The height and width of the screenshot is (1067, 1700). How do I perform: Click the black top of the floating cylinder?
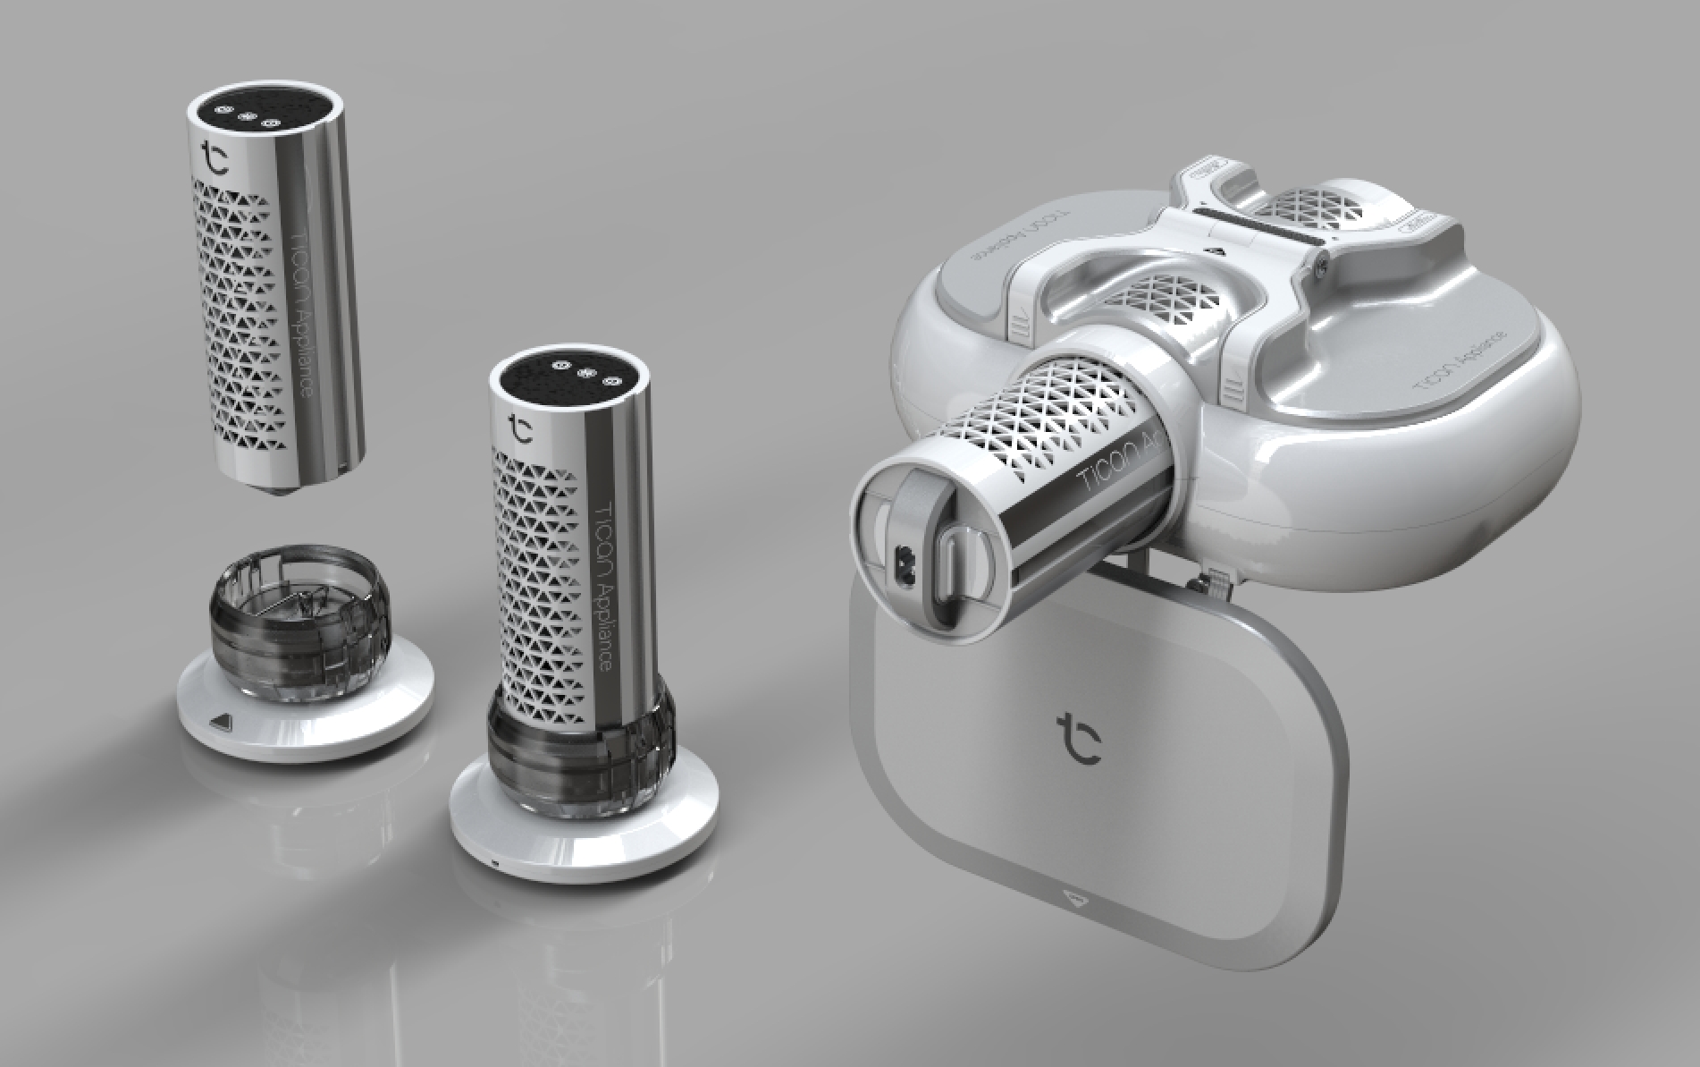[265, 114]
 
